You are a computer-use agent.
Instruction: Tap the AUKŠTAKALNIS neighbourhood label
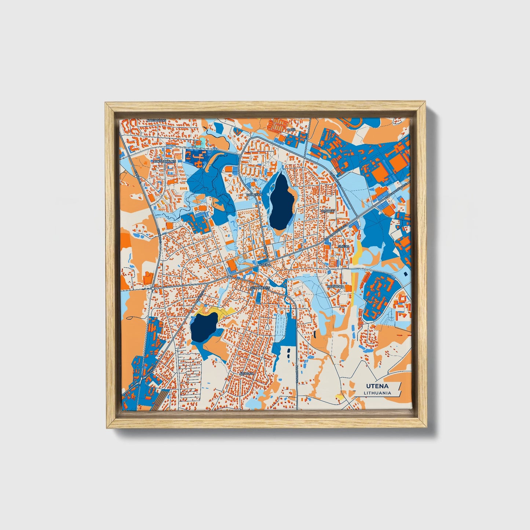pyautogui.click(x=165, y=161)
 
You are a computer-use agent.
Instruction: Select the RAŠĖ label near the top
pyautogui.click(x=291, y=130)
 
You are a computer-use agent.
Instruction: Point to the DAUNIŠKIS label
pyautogui.click(x=254, y=195)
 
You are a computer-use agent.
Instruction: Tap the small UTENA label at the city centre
pyautogui.click(x=265, y=264)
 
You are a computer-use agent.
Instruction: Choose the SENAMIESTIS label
pyautogui.click(x=260, y=288)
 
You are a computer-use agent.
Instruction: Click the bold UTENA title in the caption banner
pyautogui.click(x=377, y=386)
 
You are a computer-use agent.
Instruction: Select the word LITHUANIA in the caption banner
pyautogui.click(x=377, y=393)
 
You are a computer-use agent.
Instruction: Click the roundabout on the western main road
pyautogui.click(x=153, y=288)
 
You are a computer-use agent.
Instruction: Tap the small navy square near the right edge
pyautogui.click(x=405, y=274)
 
